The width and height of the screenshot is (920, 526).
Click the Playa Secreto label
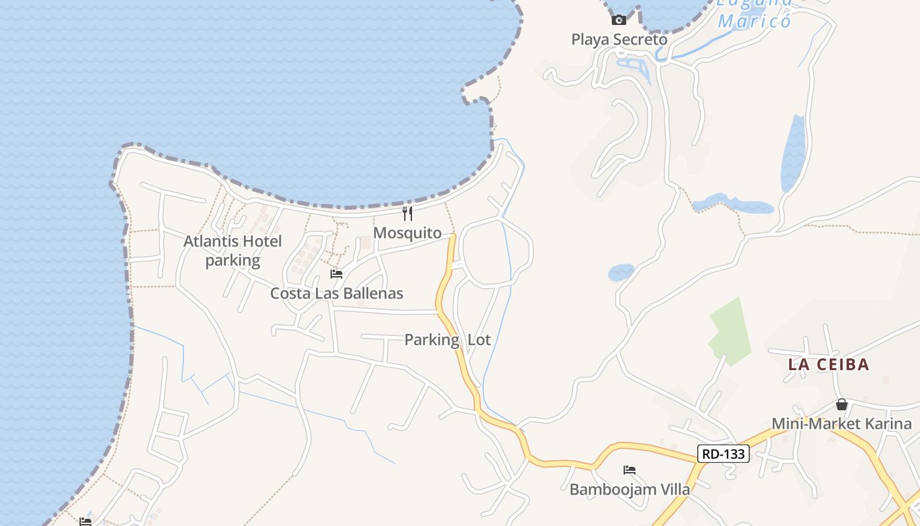[x=619, y=39]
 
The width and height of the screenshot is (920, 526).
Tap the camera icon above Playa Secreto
[x=619, y=20]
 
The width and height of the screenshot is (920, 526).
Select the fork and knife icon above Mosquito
[x=407, y=214]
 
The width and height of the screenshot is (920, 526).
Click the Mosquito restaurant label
[x=407, y=233]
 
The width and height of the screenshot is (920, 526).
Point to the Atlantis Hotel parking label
[x=233, y=251]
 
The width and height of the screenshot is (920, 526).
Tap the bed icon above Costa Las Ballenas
[x=336, y=274]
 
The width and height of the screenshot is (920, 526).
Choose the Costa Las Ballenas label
[x=336, y=293]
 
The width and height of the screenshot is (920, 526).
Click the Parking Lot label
[x=447, y=340]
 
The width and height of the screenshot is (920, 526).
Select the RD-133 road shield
[x=723, y=454]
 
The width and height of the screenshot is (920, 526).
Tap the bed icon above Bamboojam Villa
[x=630, y=470]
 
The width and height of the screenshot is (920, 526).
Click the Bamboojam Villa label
[x=630, y=489]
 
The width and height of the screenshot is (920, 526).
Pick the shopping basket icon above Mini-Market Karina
[x=842, y=404]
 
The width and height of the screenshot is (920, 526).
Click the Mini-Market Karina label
[x=841, y=423]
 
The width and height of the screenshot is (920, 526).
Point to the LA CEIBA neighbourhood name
[x=829, y=364]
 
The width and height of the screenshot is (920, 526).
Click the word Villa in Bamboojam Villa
[x=676, y=489]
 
